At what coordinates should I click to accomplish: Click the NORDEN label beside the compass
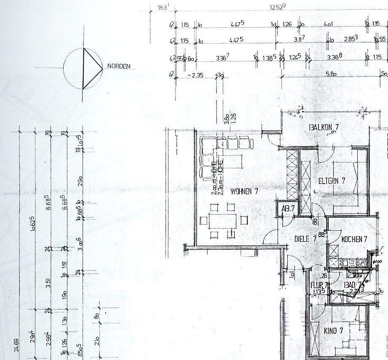118,66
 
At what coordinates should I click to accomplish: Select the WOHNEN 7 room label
244,191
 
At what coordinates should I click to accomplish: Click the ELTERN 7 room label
332,181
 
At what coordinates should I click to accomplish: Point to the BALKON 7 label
324,127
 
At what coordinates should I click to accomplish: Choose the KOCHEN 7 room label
354,239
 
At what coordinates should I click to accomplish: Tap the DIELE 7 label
305,239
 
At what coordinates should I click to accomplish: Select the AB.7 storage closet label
288,208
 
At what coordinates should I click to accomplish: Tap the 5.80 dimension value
331,74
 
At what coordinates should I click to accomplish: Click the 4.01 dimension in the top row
328,24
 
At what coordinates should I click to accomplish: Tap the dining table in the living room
222,220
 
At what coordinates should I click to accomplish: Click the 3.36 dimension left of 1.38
222,58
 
